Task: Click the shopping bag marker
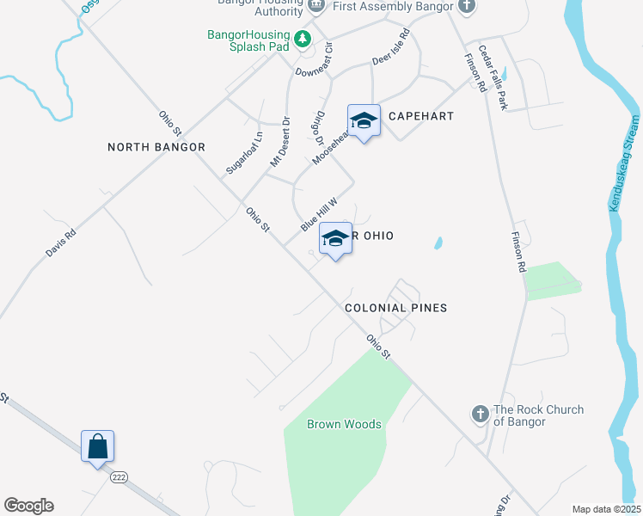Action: click(x=98, y=447)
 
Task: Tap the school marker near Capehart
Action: click(x=364, y=121)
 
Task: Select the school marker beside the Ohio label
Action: click(x=335, y=239)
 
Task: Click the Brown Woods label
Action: click(x=344, y=424)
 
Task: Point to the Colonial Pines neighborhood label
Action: click(x=395, y=307)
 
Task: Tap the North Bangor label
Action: click(x=156, y=147)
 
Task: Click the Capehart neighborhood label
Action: click(x=420, y=115)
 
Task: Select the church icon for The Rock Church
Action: click(x=481, y=415)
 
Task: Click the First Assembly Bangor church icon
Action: click(x=466, y=7)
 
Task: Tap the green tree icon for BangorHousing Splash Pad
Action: click(x=303, y=39)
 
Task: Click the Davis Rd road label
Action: click(x=60, y=243)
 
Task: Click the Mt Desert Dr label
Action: click(x=281, y=142)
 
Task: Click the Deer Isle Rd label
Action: click(x=391, y=49)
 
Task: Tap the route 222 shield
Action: click(x=119, y=476)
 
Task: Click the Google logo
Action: click(x=28, y=506)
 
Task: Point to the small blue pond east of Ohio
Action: click(x=438, y=243)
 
